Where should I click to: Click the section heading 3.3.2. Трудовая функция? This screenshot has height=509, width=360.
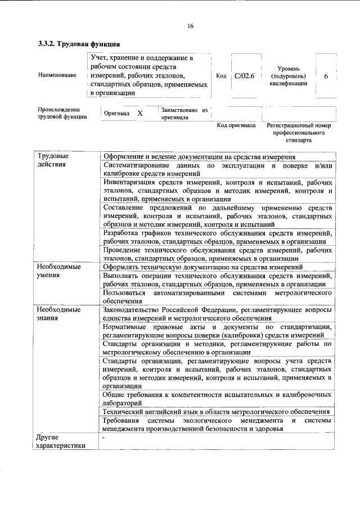point(78,44)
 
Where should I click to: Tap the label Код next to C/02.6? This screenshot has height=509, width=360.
point(221,75)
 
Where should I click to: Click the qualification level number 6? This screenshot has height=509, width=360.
point(326,75)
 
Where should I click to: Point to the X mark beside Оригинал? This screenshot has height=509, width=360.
point(140,113)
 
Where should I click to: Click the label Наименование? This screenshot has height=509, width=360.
point(57,75)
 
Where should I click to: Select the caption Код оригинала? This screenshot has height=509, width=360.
point(236,125)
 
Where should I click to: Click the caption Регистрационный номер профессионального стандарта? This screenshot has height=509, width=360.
point(298,133)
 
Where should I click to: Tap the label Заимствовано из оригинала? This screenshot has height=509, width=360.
point(184,113)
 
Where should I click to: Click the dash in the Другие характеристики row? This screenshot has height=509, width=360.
point(104,438)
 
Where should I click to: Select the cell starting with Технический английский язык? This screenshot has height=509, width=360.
point(216,412)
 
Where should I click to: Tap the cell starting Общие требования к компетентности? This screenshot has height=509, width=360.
point(216,399)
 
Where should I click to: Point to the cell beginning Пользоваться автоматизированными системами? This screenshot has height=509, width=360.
point(216,298)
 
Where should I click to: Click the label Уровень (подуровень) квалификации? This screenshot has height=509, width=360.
point(288,75)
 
